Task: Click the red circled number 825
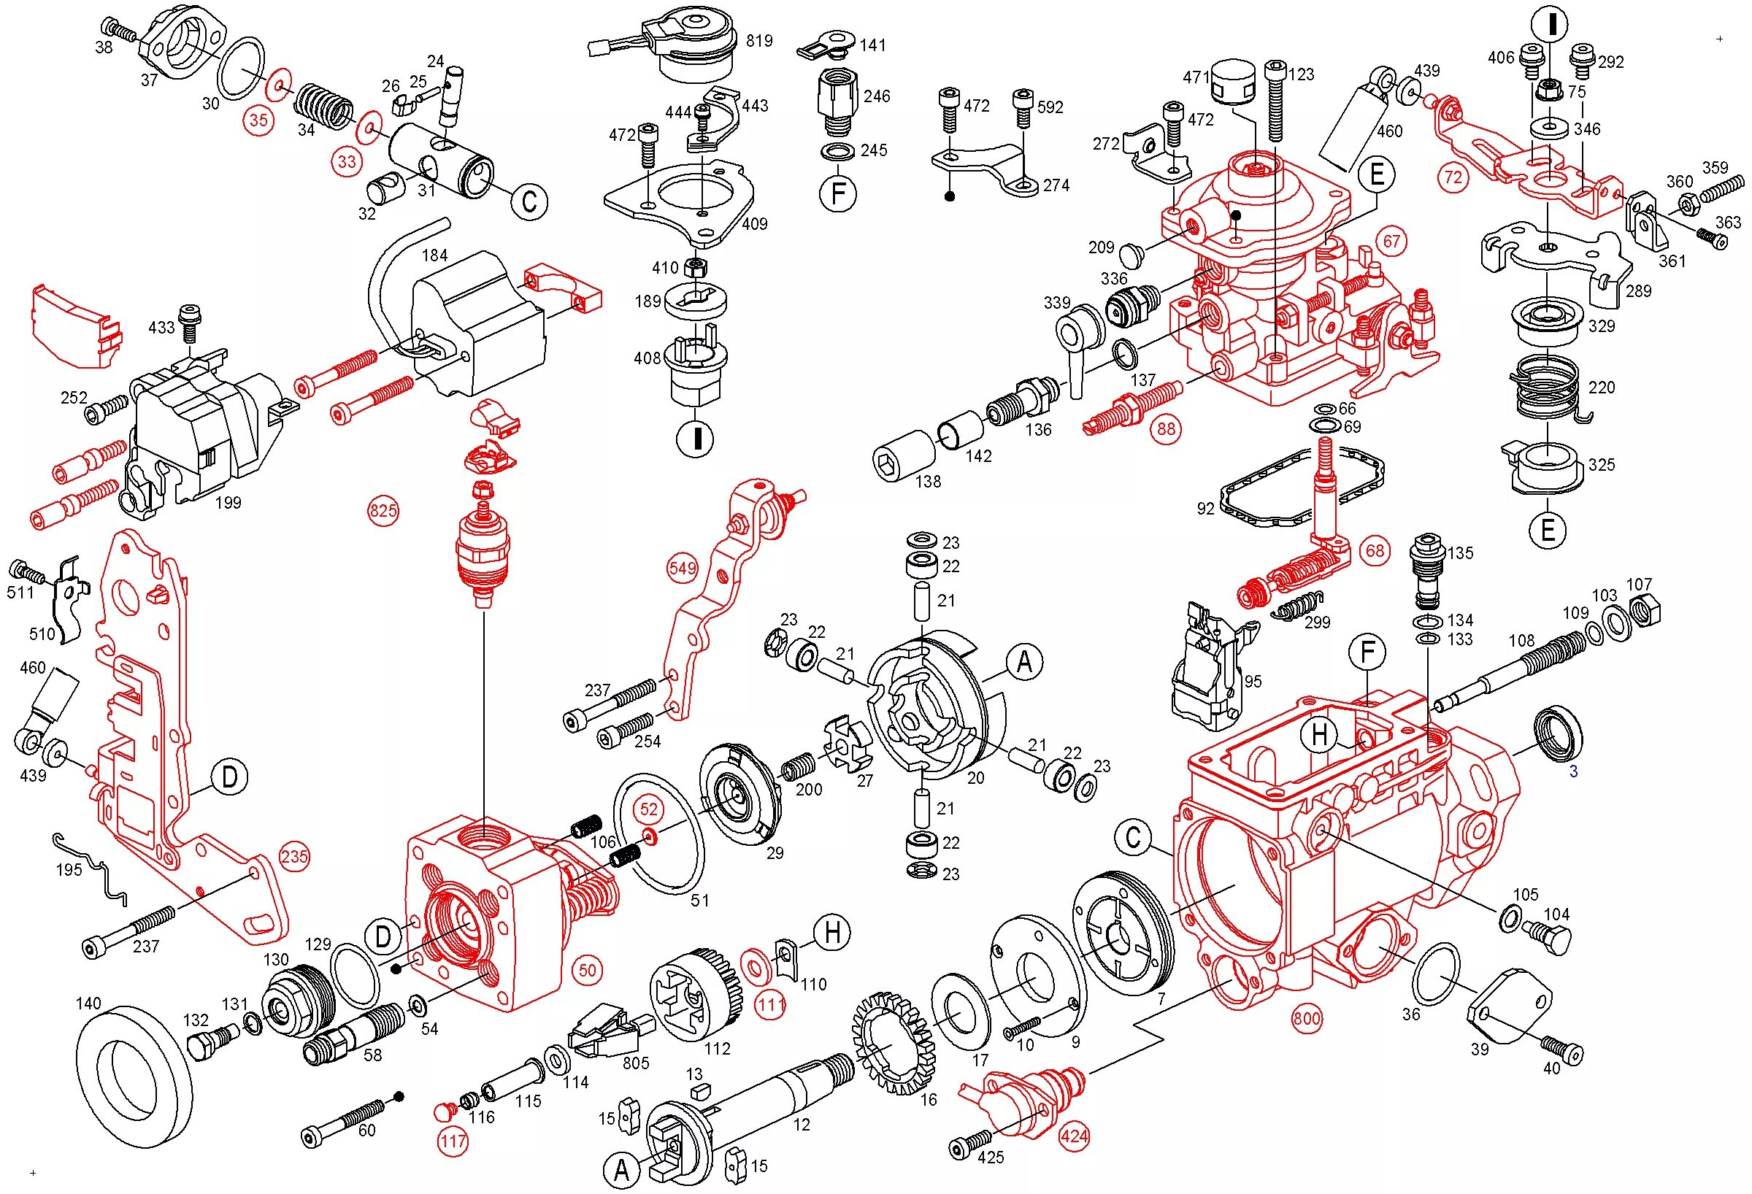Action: (x=383, y=511)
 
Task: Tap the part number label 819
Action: (x=759, y=41)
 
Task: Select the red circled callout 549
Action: (x=683, y=568)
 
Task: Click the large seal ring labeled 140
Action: (x=134, y=1071)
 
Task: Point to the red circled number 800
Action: (x=1307, y=1019)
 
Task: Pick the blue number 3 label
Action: (x=1573, y=771)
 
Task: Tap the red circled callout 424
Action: (x=1074, y=1135)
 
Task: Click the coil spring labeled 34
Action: (x=323, y=104)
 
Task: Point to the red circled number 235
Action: (x=294, y=856)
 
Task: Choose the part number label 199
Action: (x=228, y=502)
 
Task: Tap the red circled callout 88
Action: (x=1167, y=429)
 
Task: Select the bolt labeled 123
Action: (x=1275, y=101)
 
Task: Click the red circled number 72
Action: (x=1453, y=178)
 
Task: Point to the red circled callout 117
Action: (x=453, y=1141)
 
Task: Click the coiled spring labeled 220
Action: (x=1545, y=386)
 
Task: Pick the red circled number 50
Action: (x=587, y=969)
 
